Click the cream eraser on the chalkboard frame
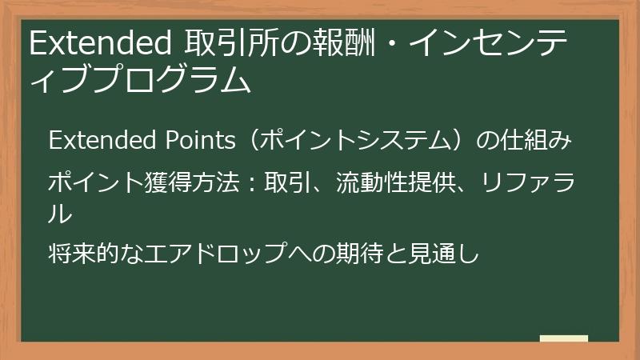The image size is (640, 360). point(564,338)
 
